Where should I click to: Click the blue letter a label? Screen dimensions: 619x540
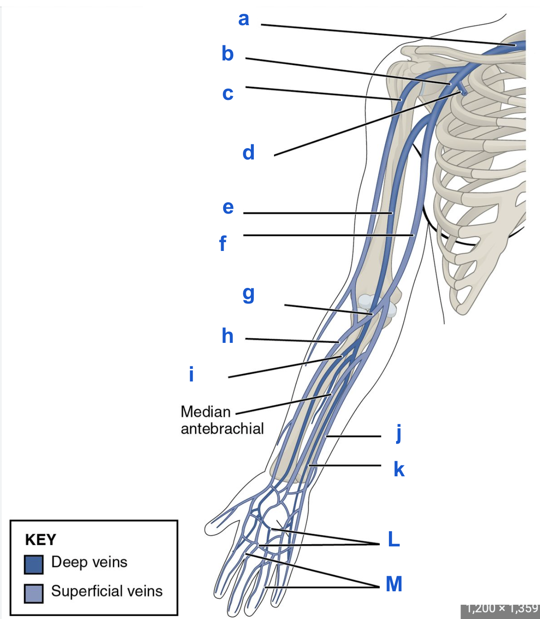[243, 19]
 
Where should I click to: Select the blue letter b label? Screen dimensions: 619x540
[227, 54]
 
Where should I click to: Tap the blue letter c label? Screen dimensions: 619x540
[228, 94]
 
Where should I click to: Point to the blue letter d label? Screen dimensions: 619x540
[248, 152]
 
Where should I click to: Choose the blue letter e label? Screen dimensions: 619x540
[228, 207]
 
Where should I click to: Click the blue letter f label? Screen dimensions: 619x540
[223, 243]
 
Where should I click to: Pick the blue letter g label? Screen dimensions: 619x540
[248, 294]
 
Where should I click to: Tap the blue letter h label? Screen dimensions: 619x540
[227, 336]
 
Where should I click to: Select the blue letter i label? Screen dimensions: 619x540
[191, 374]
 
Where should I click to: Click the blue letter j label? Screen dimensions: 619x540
[399, 433]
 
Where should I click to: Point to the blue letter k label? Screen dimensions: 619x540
[399, 469]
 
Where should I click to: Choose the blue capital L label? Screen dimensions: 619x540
[394, 539]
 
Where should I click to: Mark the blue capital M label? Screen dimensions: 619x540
[394, 584]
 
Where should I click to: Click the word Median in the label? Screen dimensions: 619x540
[206, 412]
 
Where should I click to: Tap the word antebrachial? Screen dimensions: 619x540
[222, 428]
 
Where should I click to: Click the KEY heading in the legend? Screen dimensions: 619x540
[40, 540]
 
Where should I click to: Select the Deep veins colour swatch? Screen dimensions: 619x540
[34, 564]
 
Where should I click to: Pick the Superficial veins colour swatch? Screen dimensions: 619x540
[34, 593]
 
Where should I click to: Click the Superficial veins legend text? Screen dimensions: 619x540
[107, 591]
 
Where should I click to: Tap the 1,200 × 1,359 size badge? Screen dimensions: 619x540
[501, 608]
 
